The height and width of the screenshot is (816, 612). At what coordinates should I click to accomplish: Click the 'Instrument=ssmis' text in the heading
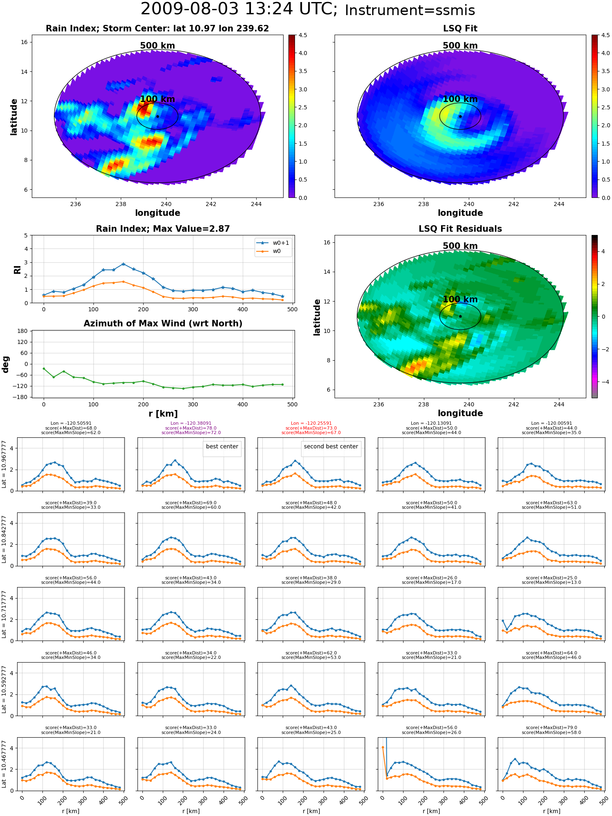coord(410,10)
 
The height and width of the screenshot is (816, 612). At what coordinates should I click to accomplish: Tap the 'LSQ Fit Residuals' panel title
coord(460,229)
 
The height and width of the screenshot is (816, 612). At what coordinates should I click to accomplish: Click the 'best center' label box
coord(222,446)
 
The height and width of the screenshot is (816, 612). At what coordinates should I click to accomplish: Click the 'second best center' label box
coord(331,446)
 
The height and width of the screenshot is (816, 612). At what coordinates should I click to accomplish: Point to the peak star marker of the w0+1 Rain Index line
coord(123,264)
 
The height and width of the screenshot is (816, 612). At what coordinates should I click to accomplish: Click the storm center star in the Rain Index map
coord(157,116)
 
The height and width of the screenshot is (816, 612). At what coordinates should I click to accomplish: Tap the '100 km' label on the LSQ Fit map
coord(460,99)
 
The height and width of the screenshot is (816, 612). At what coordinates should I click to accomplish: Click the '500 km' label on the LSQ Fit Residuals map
coord(460,246)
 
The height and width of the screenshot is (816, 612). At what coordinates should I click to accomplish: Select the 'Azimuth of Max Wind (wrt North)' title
coord(163,324)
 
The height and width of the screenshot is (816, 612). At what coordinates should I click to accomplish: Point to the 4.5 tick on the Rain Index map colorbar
coord(303,35)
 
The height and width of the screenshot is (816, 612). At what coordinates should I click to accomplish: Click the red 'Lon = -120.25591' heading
coord(311,423)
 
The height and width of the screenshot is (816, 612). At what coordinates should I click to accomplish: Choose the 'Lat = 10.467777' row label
coord(4,764)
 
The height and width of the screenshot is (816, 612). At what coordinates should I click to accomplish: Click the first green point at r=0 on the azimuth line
coord(44,368)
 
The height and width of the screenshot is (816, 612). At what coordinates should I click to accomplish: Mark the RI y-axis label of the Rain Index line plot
coord(17,269)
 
